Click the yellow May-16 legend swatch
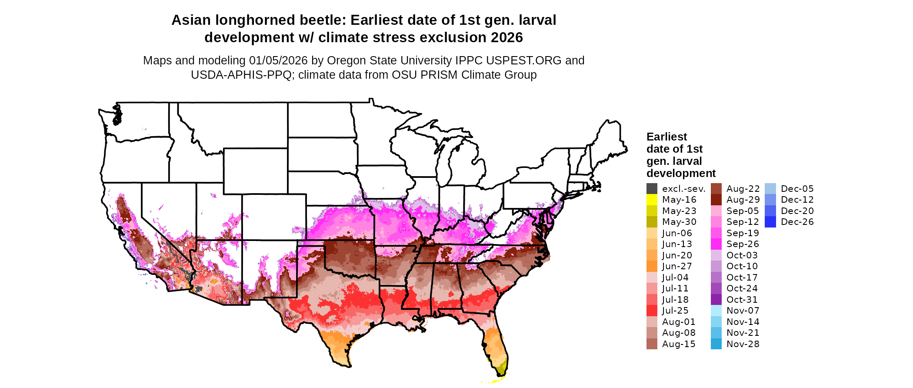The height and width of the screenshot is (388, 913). coord(652,200)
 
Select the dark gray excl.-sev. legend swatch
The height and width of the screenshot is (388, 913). coord(652,189)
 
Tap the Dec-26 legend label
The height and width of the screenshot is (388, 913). coord(797,222)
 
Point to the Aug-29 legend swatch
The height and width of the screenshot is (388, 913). coord(716,200)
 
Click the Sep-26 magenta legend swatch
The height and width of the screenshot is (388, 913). coord(716,244)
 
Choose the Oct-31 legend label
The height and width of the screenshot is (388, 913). coord(742,300)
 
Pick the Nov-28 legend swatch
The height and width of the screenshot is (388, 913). coord(716,344)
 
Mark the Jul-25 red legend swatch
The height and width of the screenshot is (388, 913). coord(652,311)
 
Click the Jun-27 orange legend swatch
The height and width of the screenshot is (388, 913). coord(652,266)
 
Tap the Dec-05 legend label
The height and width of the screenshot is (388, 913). coord(797,189)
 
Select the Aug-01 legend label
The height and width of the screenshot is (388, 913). coord(679,322)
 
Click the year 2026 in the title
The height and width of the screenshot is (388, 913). coord(506,38)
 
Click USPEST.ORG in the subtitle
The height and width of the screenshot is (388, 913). coord(524,60)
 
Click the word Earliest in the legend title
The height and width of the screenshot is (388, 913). coord(666,137)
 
